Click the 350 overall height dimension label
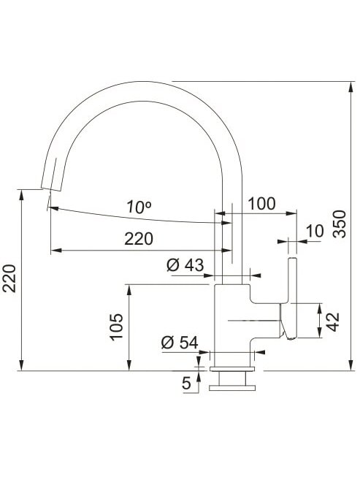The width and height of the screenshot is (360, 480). (340, 224)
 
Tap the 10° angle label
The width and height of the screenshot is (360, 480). (139, 207)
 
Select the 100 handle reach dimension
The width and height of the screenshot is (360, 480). (261, 204)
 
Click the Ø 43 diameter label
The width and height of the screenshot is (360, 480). (185, 264)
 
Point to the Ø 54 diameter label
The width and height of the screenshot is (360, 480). (180, 343)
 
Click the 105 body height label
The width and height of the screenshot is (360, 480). (117, 327)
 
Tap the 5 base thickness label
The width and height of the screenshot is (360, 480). (186, 383)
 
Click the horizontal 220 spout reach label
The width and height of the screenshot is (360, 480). (139, 239)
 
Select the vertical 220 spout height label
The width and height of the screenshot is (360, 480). (9, 278)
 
